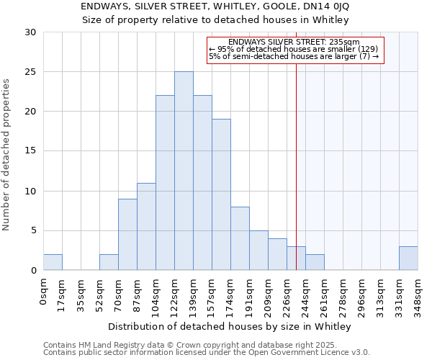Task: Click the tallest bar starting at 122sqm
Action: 184,171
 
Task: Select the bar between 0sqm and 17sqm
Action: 53,262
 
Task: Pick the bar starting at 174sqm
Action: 240,238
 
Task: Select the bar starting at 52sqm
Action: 109,262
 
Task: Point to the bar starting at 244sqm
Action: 315,262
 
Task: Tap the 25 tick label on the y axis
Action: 30,72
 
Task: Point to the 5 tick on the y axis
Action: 33,231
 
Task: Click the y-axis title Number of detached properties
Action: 7,155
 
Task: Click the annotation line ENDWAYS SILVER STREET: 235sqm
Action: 294,42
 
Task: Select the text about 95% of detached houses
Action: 294,49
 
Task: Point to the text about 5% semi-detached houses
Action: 294,56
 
